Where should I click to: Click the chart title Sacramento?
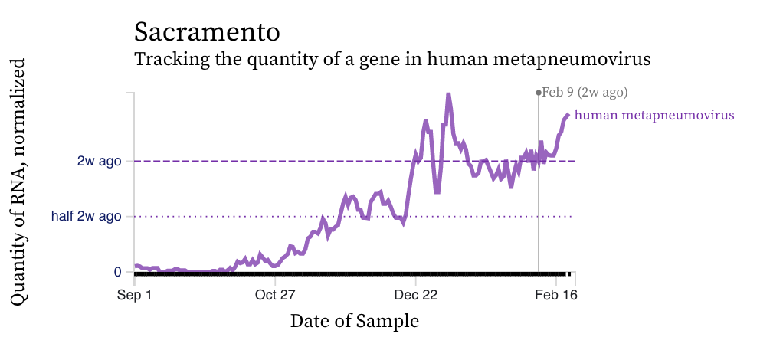(207, 31)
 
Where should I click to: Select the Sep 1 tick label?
(135, 293)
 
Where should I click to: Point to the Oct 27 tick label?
(276, 293)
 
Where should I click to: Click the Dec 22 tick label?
(416, 293)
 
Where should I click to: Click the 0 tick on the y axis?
(117, 272)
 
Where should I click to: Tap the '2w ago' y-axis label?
(99, 161)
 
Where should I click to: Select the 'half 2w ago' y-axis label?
(86, 216)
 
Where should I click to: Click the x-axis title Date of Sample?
(355, 321)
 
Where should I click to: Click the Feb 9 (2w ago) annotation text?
(585, 93)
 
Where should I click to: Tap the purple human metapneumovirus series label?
(654, 115)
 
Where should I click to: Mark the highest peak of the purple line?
(448, 94)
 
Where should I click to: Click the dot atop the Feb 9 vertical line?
(539, 93)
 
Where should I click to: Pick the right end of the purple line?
(568, 115)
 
